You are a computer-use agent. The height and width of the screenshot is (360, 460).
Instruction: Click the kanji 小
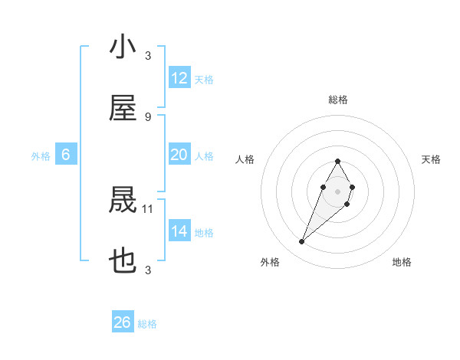(x=123, y=47)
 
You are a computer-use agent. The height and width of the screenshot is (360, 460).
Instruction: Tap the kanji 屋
(x=123, y=110)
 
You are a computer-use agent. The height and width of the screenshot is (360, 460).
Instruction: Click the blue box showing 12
(x=179, y=78)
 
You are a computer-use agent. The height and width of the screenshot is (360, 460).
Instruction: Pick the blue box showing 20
(x=179, y=155)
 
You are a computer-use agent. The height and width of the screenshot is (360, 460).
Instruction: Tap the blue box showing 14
(x=179, y=231)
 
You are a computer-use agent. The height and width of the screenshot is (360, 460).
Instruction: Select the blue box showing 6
(x=65, y=155)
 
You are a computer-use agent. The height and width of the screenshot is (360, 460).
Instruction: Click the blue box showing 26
(x=123, y=322)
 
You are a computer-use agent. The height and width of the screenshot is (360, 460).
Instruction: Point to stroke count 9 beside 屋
(x=148, y=116)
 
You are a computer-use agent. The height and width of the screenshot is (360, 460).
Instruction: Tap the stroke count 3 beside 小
(x=148, y=55)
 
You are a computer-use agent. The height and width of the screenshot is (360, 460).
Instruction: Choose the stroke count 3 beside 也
(x=148, y=270)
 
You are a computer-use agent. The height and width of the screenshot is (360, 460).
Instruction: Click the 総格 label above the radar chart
(x=337, y=100)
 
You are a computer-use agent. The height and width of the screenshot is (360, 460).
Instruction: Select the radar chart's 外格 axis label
(x=269, y=262)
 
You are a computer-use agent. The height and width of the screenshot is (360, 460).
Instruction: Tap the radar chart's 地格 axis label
(x=402, y=262)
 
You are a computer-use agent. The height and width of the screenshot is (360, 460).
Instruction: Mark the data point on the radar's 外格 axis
(x=302, y=242)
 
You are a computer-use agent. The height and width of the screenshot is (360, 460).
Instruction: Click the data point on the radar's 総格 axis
(x=337, y=161)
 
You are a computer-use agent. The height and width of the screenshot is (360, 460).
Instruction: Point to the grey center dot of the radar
(x=337, y=191)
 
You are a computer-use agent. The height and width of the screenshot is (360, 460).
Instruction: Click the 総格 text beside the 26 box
(x=148, y=324)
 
